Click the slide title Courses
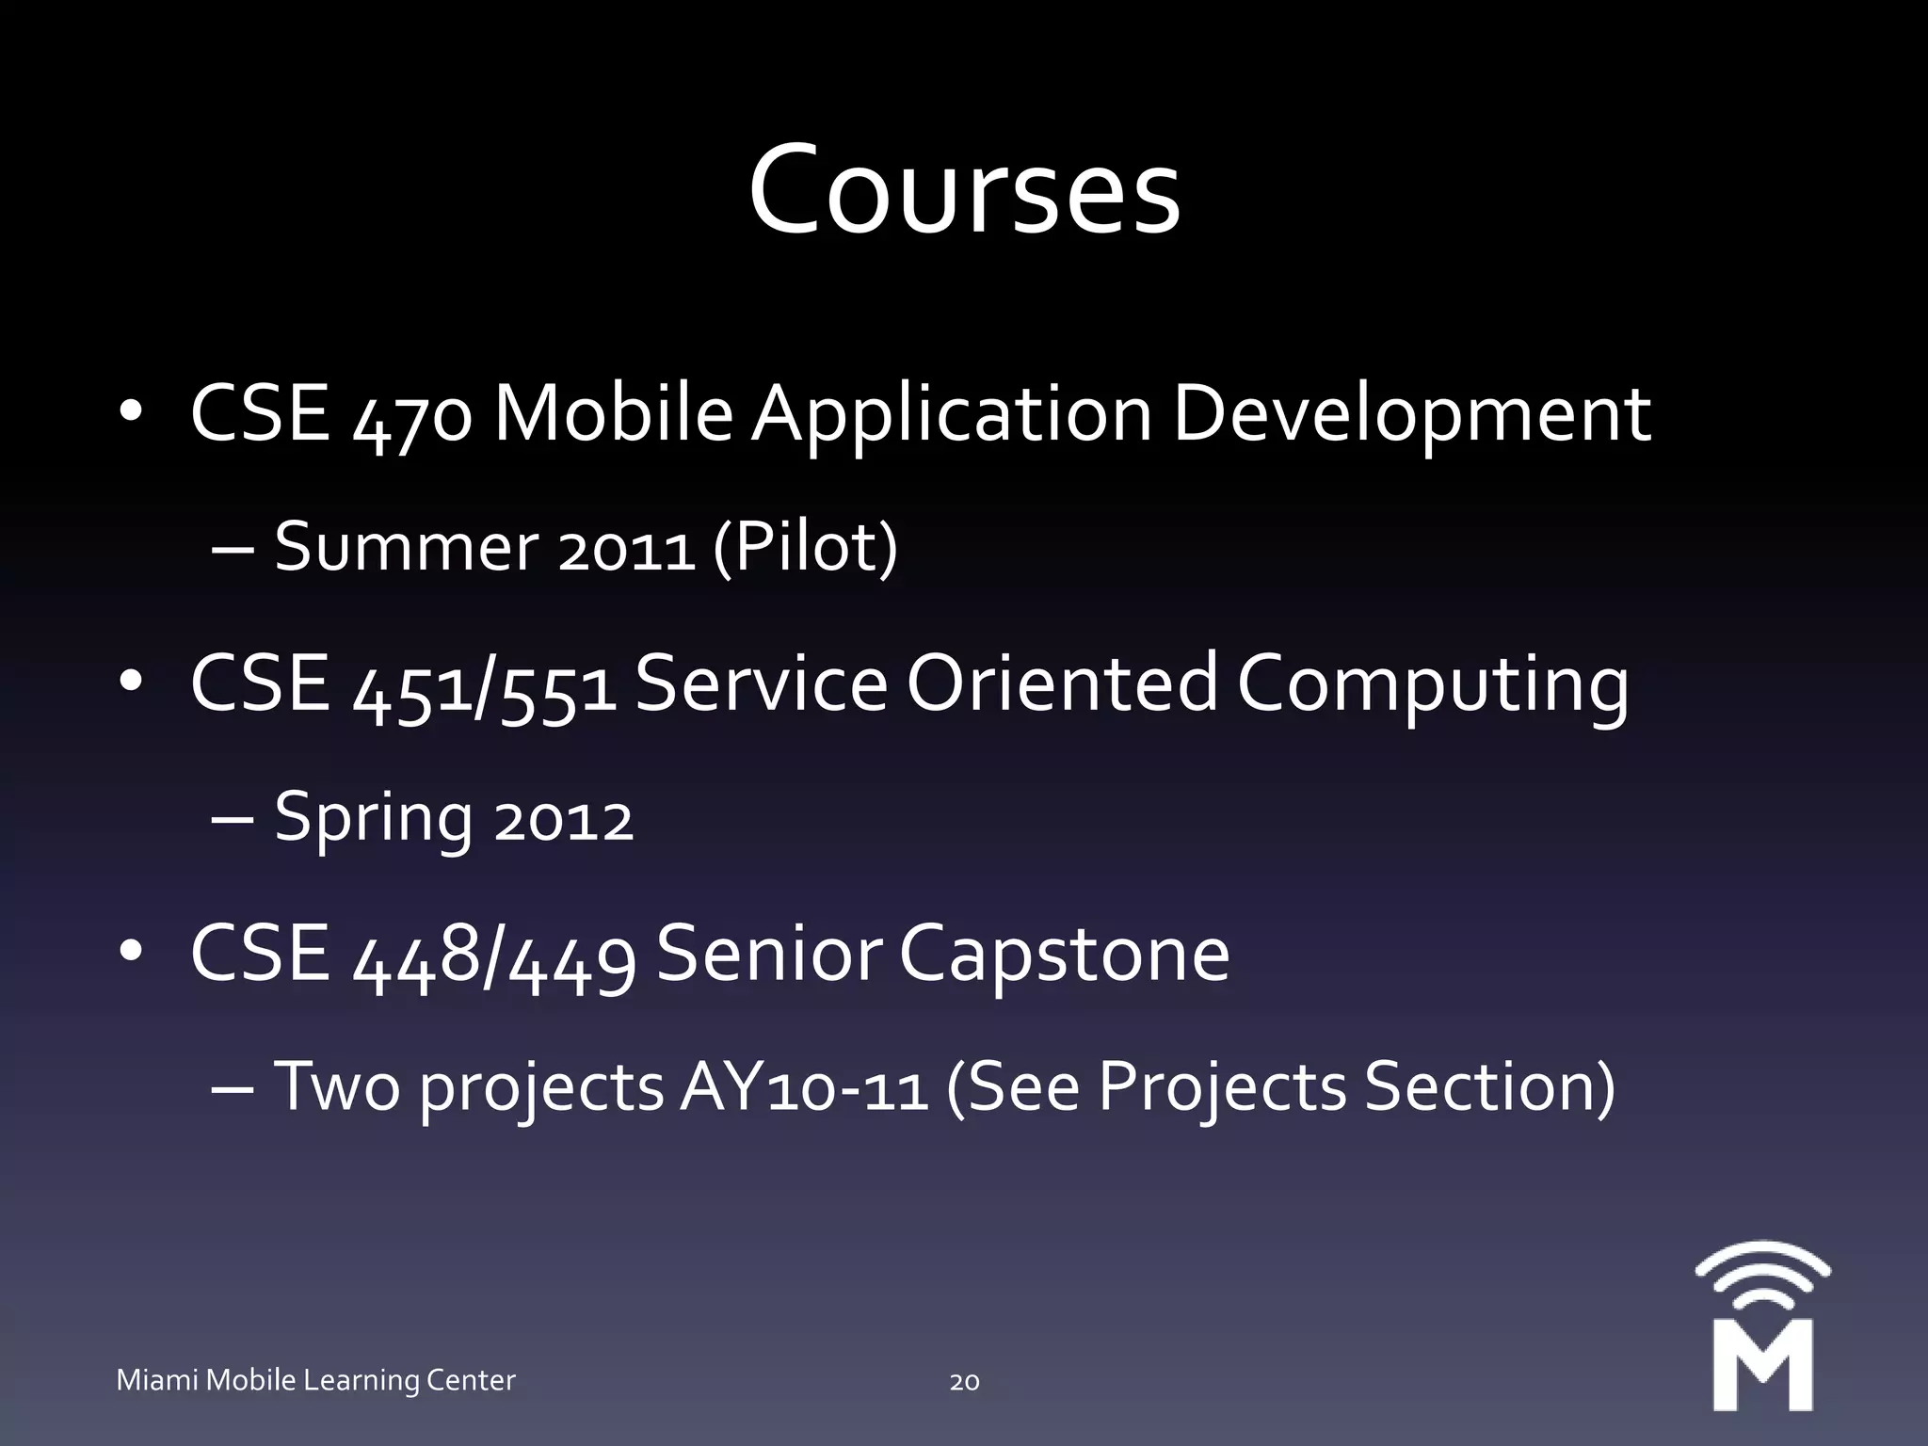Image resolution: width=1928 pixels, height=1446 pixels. point(964,191)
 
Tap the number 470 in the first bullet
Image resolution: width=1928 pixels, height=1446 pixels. point(411,417)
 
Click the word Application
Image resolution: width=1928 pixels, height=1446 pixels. point(951,415)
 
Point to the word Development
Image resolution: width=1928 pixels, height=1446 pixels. point(1410,415)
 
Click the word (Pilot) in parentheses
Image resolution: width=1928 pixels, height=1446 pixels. point(805,548)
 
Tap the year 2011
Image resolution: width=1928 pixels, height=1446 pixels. point(626,550)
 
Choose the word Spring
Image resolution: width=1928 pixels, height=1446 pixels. point(374,819)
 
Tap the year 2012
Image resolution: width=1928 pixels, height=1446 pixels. point(564,821)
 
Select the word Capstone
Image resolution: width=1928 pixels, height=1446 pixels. point(1064,956)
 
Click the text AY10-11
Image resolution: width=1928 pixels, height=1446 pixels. point(804,1088)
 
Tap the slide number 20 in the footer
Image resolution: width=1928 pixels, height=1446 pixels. point(964,1382)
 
